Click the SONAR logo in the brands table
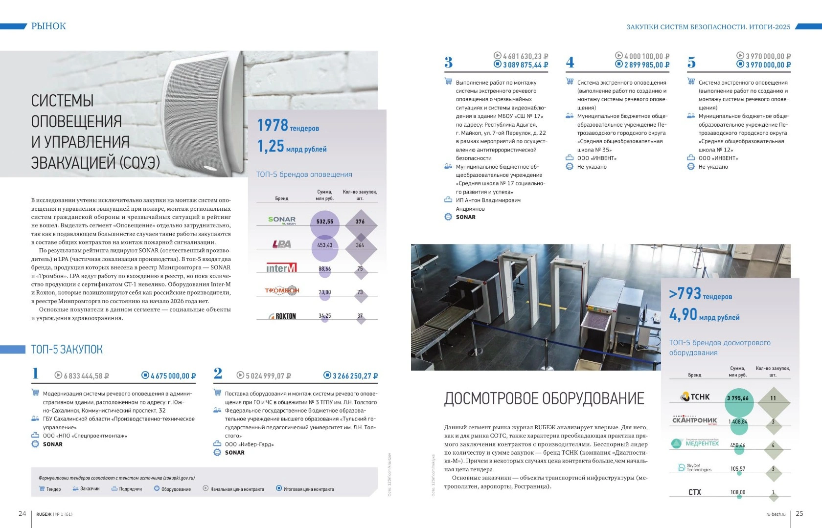(x=282, y=220)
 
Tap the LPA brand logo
(x=282, y=244)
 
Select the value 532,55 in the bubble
(x=324, y=222)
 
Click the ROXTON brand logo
(x=283, y=316)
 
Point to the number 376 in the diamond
(x=360, y=222)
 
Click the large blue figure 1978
(x=273, y=125)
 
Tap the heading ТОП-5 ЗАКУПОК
(x=67, y=350)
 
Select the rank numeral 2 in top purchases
(x=218, y=374)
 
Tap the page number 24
(x=22, y=513)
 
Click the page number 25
(x=799, y=513)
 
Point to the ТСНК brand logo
(x=696, y=397)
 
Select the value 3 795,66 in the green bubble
(x=738, y=398)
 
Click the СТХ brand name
(x=695, y=492)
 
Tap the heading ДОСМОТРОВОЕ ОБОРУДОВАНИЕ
(x=544, y=399)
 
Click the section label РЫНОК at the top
(x=48, y=26)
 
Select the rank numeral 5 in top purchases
(x=691, y=63)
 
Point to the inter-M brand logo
(x=281, y=268)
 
